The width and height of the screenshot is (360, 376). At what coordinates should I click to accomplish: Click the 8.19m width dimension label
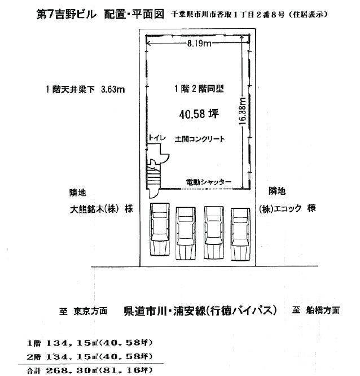point(199,43)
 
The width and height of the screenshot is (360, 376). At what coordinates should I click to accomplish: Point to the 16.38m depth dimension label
point(243,111)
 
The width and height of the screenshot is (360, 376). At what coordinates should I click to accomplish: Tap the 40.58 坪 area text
point(199,114)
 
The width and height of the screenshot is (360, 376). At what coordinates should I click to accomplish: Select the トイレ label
point(157,138)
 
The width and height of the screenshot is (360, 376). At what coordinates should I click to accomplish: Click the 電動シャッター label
point(209,182)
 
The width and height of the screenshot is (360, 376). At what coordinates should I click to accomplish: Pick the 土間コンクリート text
point(200,139)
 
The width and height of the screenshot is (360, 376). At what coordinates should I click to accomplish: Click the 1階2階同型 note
point(199,89)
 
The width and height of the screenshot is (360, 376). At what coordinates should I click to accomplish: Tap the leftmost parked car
point(160,229)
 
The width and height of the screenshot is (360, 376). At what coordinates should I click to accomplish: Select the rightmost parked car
point(240,234)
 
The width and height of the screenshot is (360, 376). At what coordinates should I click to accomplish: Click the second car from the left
point(186,233)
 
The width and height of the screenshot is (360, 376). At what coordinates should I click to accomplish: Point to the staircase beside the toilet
point(153,177)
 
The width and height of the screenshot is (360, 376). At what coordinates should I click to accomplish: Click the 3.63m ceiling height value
point(113,89)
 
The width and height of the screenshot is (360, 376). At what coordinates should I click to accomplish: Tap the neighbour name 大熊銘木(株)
point(94,209)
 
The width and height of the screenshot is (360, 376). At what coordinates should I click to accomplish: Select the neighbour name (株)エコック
point(280,209)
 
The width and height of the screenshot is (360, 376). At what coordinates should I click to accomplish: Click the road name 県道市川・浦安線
point(165,311)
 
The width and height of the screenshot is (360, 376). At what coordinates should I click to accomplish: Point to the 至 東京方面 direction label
point(83,311)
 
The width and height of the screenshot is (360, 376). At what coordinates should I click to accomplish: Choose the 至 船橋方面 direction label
point(315,311)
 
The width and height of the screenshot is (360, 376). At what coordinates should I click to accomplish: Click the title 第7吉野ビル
point(67,14)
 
